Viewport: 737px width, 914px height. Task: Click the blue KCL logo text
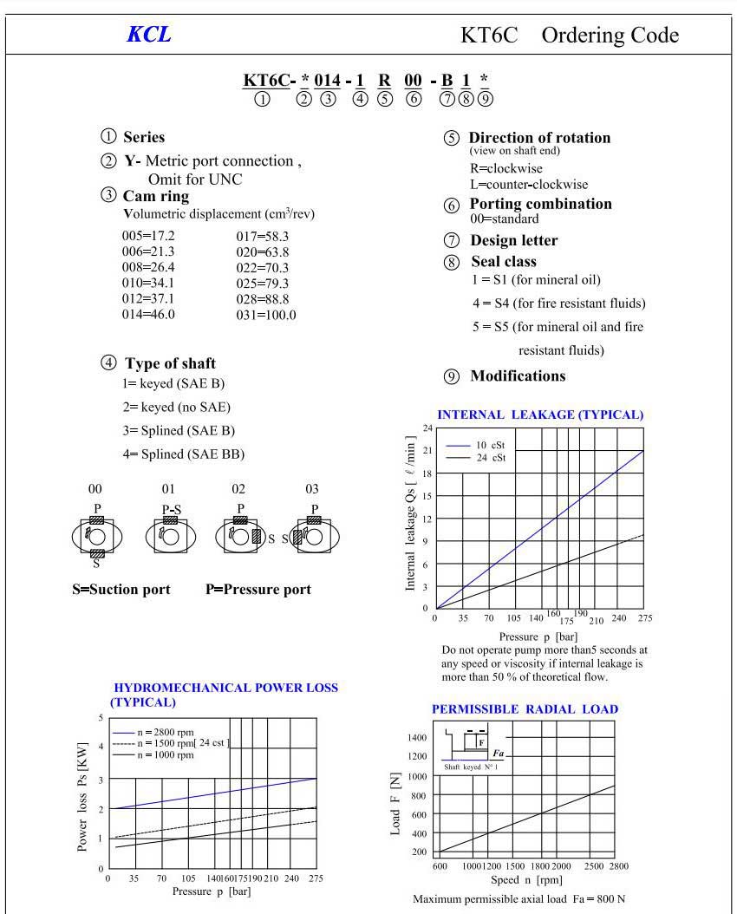(x=148, y=35)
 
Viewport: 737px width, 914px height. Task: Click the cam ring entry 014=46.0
(x=148, y=314)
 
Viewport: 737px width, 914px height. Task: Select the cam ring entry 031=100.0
(x=266, y=315)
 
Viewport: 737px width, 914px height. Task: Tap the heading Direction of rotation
(x=539, y=138)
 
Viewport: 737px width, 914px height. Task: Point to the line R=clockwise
(x=495, y=168)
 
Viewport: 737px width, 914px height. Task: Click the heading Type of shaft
(x=170, y=363)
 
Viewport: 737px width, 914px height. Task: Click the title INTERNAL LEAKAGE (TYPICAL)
(x=540, y=415)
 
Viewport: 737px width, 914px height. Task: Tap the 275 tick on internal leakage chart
(x=643, y=618)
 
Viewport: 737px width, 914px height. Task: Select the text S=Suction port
(x=121, y=590)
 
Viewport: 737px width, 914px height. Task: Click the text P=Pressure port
(x=258, y=590)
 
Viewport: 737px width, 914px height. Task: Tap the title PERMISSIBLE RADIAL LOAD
(x=525, y=709)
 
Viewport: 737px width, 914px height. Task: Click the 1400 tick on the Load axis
(x=416, y=737)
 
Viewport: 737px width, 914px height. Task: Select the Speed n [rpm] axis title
(x=527, y=880)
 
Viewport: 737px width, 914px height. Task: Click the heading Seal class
(x=504, y=261)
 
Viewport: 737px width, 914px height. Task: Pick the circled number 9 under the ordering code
(x=485, y=99)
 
